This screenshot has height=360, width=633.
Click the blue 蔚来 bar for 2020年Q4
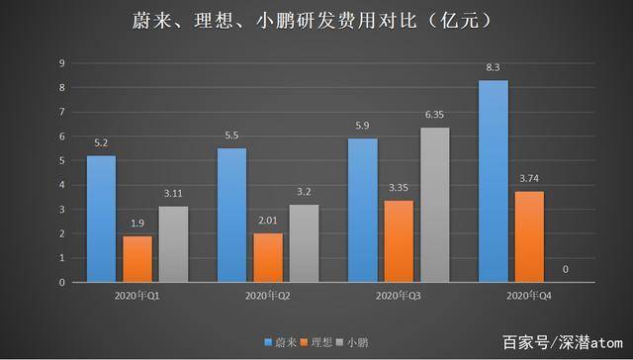[x=494, y=181]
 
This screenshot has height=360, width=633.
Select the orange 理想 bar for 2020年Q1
[x=137, y=259]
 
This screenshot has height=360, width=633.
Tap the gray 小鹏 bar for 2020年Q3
[x=434, y=205]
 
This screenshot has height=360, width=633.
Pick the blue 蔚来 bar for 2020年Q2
[x=231, y=215]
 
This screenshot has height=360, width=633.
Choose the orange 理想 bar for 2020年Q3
[x=399, y=241]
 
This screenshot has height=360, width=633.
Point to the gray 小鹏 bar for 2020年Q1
[x=174, y=244]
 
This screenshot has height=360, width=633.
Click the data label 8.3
[x=493, y=67]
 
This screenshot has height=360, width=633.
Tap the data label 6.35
[x=434, y=115]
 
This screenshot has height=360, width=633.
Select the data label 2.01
[x=268, y=221]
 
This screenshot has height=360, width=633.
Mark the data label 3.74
[x=529, y=178]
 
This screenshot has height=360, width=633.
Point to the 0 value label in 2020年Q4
[x=565, y=269]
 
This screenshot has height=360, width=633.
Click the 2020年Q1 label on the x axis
[x=136, y=296]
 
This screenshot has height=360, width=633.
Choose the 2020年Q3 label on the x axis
[x=398, y=296]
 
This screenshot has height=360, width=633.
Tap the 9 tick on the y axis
[x=61, y=63]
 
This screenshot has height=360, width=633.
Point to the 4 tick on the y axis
[x=61, y=185]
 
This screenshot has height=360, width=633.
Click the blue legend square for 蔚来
[x=268, y=342]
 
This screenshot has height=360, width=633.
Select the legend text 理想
[x=321, y=342]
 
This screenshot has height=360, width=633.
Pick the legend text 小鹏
[x=357, y=342]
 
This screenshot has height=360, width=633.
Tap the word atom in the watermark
[x=606, y=342]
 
